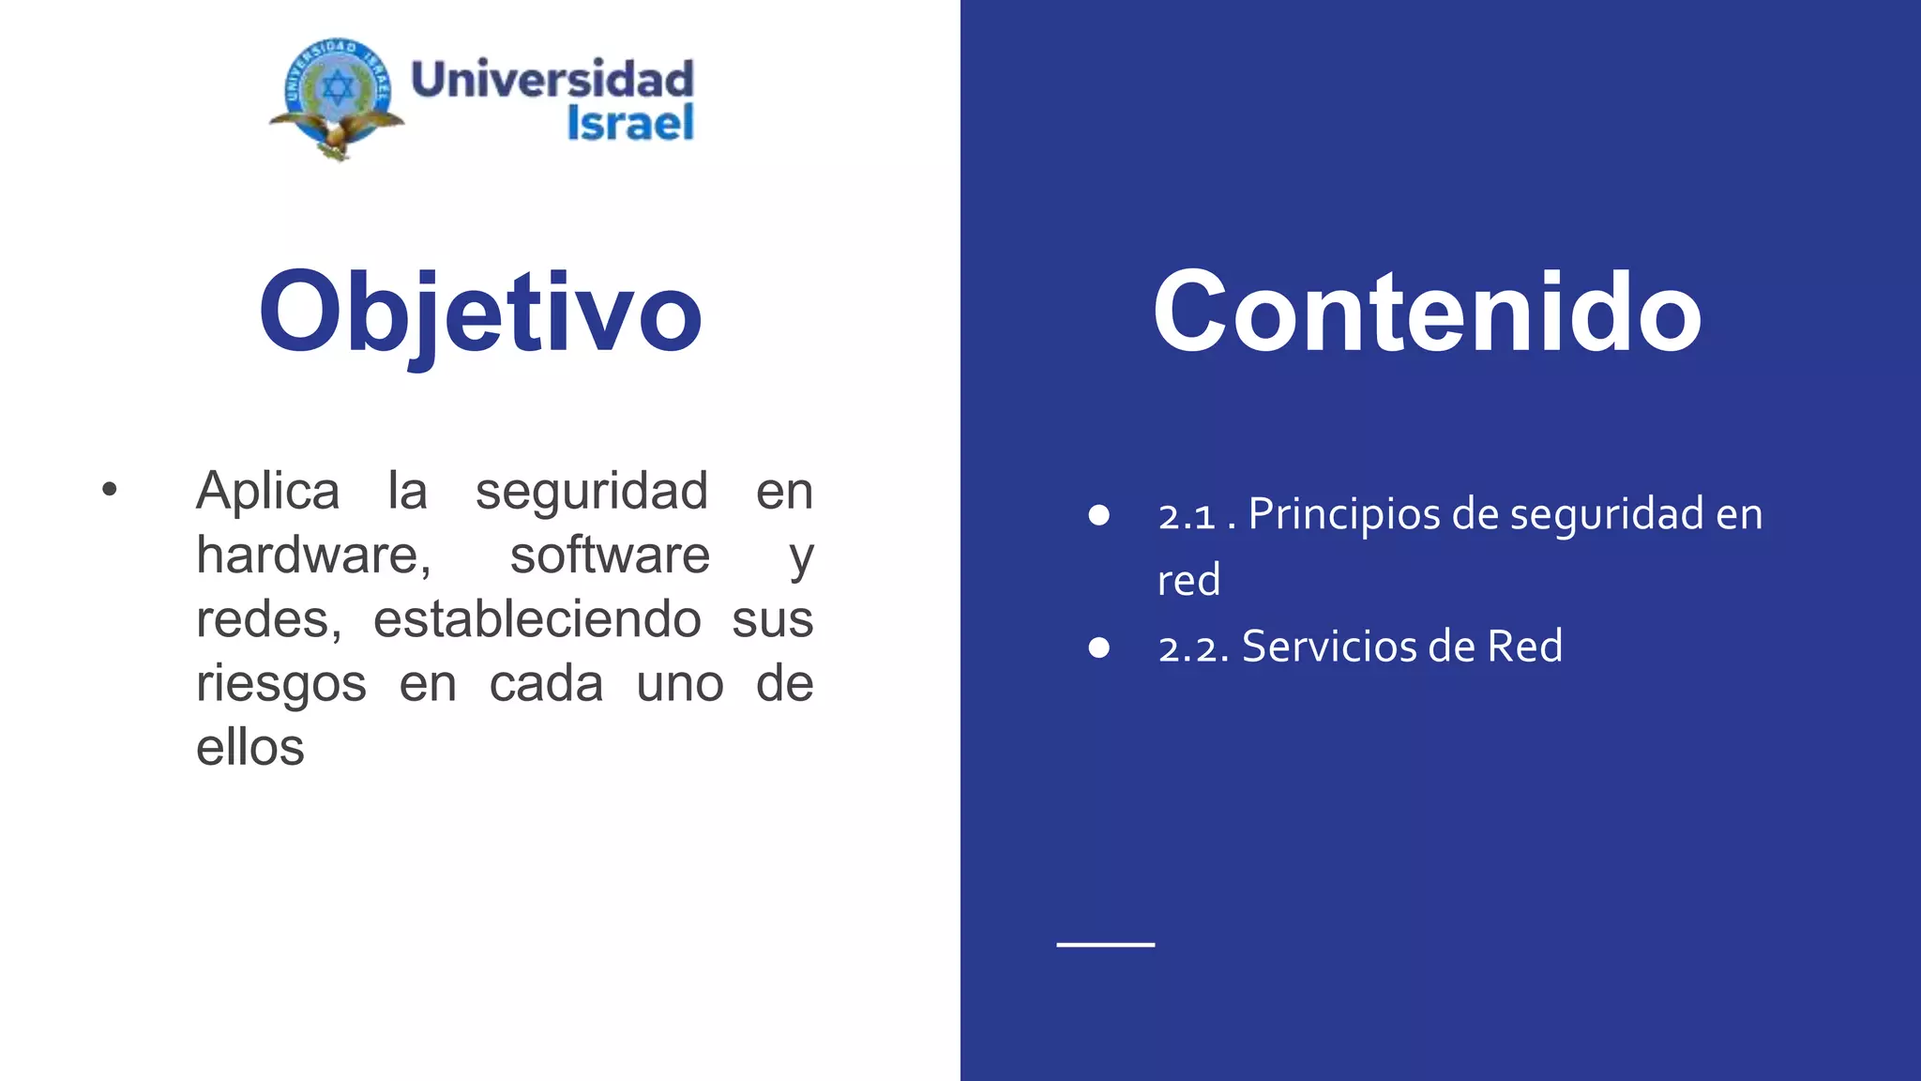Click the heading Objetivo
point(480,312)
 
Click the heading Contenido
point(1427,312)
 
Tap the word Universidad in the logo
point(552,79)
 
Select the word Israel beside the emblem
point(630,123)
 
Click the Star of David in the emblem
point(338,89)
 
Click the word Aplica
point(267,491)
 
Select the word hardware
point(312,555)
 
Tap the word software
point(610,555)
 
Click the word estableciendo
point(537,619)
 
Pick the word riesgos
point(280,684)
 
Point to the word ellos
point(250,748)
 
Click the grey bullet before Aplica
point(110,489)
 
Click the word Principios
point(1344,514)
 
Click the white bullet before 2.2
point(1099,647)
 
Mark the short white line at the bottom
point(1105,944)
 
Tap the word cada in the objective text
point(546,684)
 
